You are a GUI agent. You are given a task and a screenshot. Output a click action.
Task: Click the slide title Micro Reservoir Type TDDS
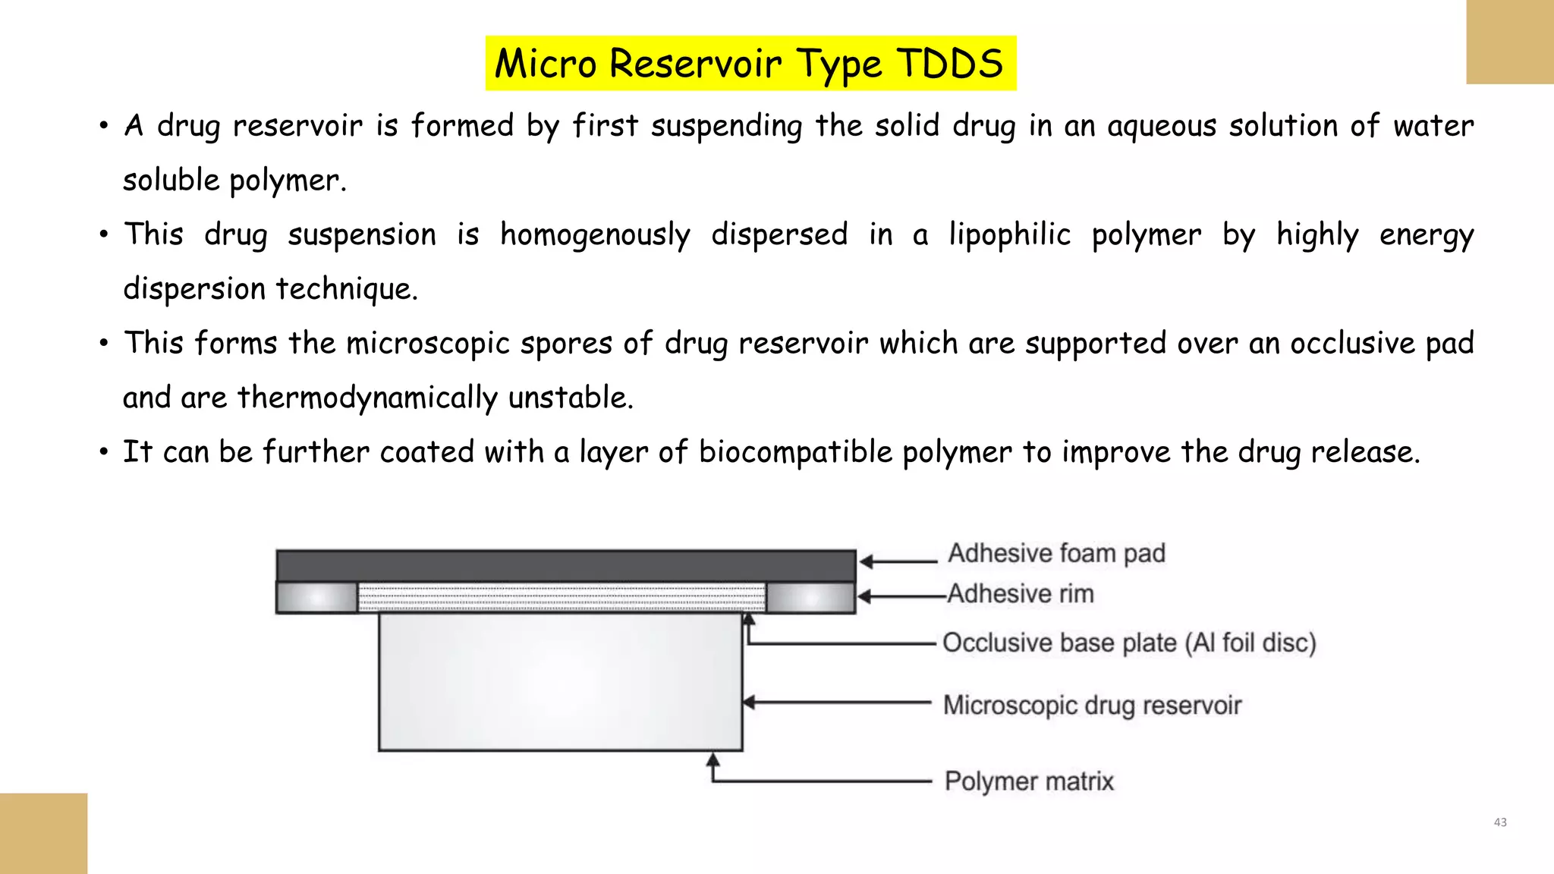coord(750,63)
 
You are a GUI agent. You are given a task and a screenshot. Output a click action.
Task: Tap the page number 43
coord(1499,822)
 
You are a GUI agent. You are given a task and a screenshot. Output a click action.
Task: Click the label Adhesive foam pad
coord(1056,553)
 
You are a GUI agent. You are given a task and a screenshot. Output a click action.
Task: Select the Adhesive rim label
coord(1021,593)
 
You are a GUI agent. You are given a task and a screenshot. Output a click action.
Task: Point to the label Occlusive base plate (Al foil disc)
coord(1129,643)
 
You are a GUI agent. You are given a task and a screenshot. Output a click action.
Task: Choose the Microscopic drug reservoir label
coord(1092,705)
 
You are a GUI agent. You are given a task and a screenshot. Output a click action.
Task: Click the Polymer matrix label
coord(1029,781)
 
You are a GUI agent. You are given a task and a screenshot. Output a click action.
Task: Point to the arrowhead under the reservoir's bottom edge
coord(713,759)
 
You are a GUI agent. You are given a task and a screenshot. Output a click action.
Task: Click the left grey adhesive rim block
coord(316,598)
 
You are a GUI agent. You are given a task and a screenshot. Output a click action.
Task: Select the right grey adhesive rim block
coord(810,598)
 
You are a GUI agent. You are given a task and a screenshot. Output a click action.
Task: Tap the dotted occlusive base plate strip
coord(562,598)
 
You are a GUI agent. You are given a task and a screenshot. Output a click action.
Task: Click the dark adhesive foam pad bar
coord(565,566)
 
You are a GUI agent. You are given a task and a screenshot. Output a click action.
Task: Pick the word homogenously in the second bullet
coord(595,235)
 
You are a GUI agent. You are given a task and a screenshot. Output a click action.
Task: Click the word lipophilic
coord(1009,235)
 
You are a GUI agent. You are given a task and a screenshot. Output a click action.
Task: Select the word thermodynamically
coord(367,398)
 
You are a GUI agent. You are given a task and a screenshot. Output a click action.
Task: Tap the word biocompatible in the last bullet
coord(795,452)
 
